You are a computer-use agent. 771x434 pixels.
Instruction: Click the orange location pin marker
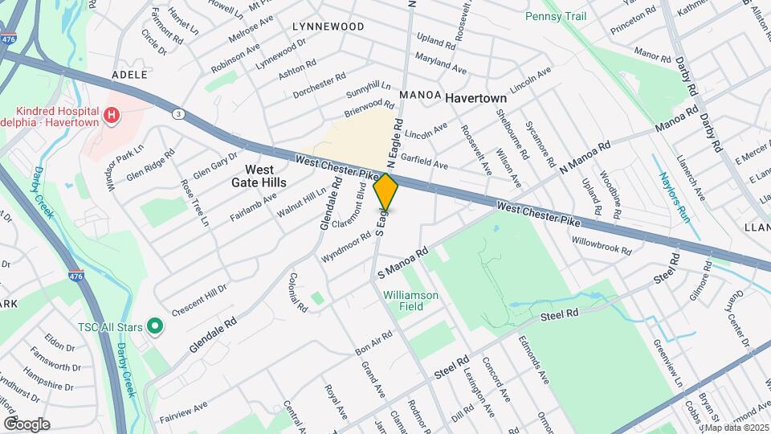click(x=386, y=191)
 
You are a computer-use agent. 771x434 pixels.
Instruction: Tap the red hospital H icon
click(x=112, y=116)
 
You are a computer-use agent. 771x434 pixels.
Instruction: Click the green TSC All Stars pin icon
click(x=157, y=327)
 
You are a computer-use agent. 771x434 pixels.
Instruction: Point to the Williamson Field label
click(x=410, y=301)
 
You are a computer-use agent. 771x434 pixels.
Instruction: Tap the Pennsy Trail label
click(x=555, y=16)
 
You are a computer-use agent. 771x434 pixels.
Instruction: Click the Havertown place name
click(x=476, y=98)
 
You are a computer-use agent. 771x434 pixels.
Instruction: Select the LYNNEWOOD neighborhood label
click(x=328, y=27)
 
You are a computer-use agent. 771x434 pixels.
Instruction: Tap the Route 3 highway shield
click(x=178, y=114)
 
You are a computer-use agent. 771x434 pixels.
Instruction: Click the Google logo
click(x=27, y=424)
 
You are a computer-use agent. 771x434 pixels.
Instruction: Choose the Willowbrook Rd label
click(x=602, y=245)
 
